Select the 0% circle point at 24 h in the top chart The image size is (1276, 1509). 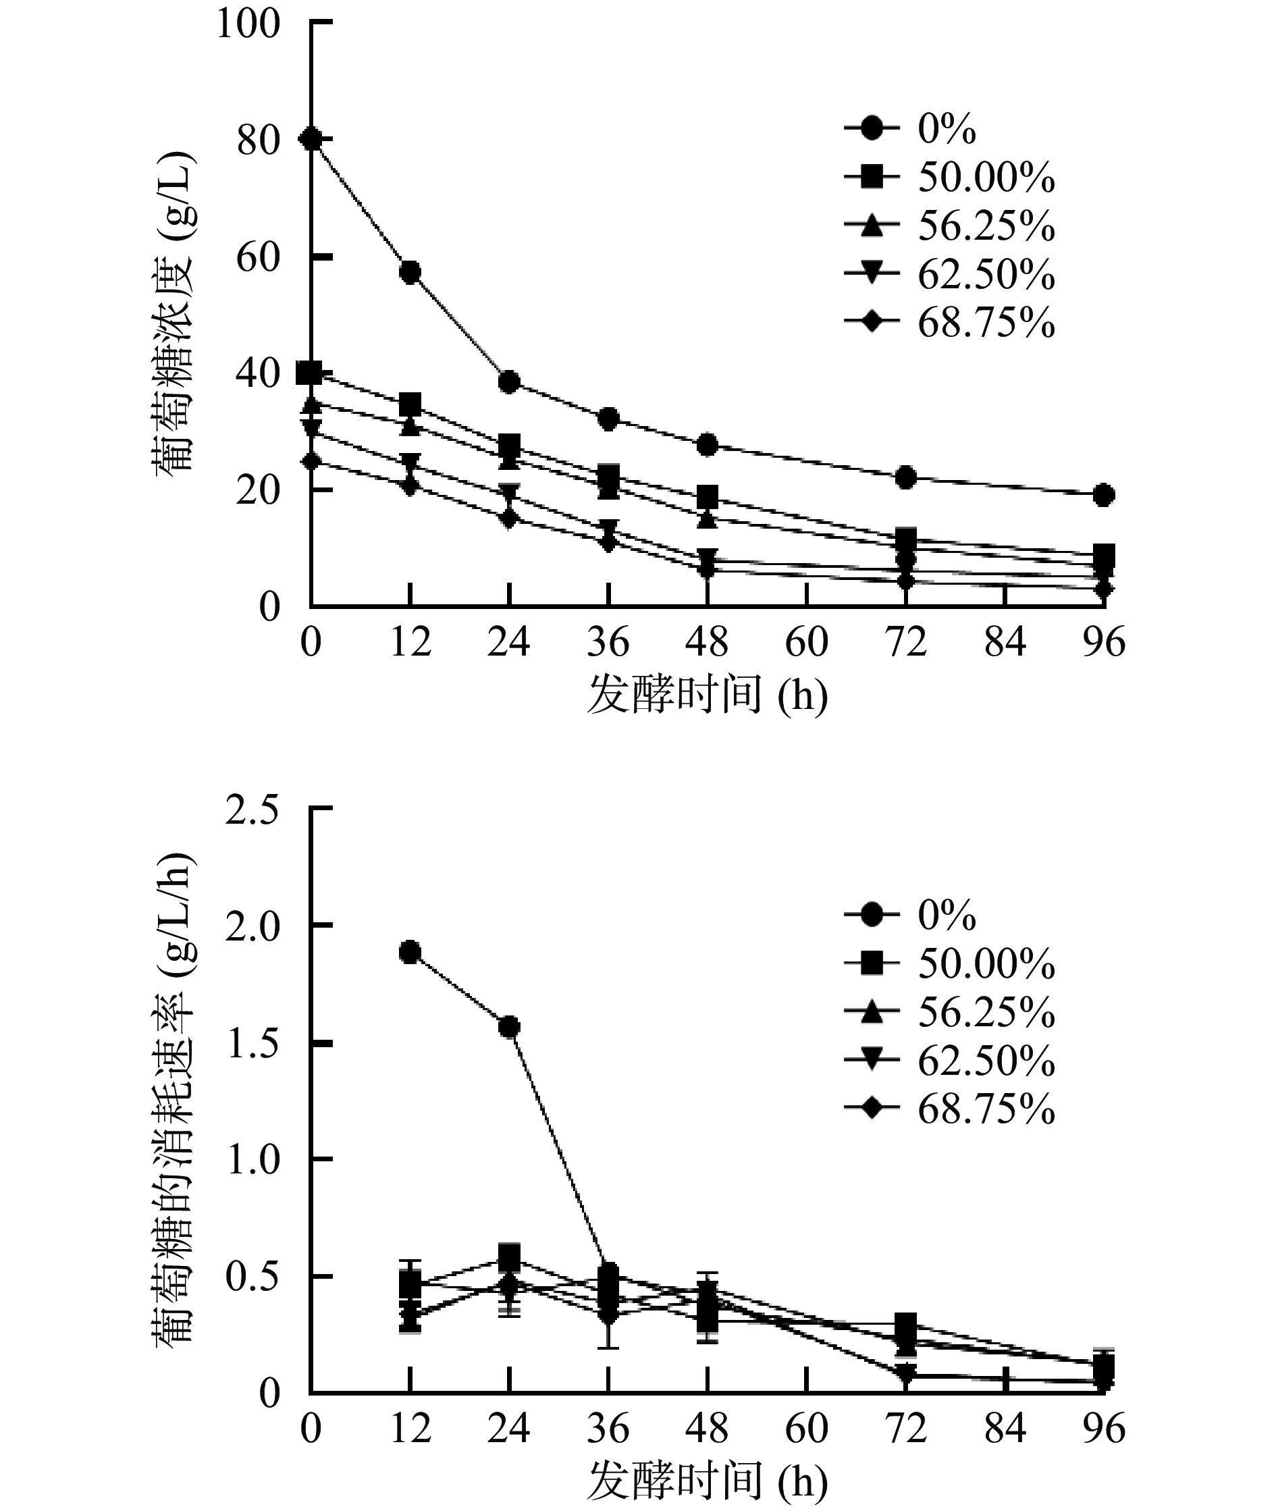(x=509, y=382)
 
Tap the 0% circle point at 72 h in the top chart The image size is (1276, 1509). (x=905, y=477)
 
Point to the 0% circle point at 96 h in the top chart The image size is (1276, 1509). (x=1103, y=495)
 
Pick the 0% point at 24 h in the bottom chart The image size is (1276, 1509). (x=509, y=1026)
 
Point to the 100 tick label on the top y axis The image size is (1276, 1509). (x=247, y=24)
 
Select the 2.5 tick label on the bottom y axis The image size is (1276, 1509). (x=251, y=811)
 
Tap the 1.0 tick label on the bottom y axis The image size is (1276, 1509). (x=251, y=1161)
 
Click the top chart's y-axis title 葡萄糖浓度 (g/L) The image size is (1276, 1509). (x=174, y=311)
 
